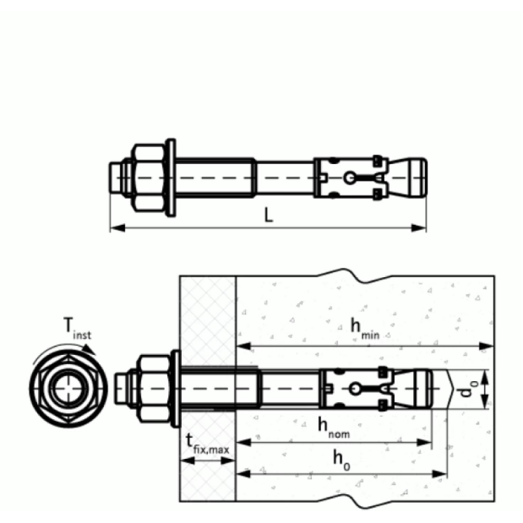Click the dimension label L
pyautogui.click(x=269, y=215)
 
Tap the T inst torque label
pyautogui.click(x=77, y=329)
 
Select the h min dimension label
pyautogui.click(x=365, y=329)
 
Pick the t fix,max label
pyautogui.click(x=207, y=445)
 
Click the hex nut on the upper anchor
pyautogui.click(x=149, y=178)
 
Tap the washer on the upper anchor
pyautogui.click(x=171, y=178)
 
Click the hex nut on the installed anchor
pyautogui.click(x=154, y=389)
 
